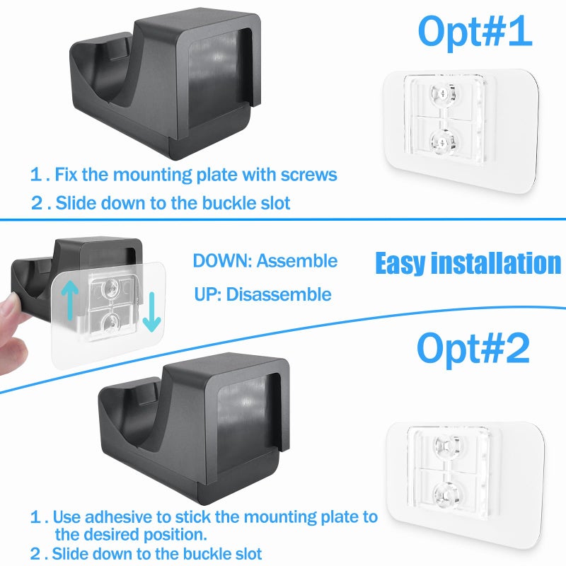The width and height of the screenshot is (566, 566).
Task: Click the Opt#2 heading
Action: tap(473, 347)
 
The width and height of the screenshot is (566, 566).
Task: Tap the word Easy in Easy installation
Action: tap(400, 263)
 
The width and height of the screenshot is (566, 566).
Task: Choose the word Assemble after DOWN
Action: tap(297, 261)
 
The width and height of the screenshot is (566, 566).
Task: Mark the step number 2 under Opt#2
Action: tap(35, 553)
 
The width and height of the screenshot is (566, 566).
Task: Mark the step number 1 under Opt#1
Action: tap(36, 174)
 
